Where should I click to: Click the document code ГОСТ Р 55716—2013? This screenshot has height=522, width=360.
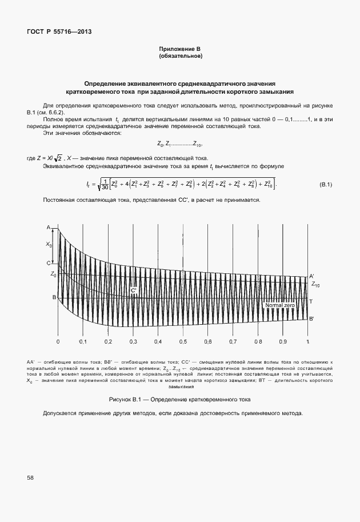(59, 31)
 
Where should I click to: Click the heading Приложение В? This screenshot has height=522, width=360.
(180, 50)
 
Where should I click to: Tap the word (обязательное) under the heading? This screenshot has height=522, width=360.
(180, 57)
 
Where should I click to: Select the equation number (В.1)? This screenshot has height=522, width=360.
(326, 184)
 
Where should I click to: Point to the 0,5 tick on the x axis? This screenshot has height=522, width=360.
(183, 341)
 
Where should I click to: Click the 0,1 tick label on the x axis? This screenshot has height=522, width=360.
(83, 341)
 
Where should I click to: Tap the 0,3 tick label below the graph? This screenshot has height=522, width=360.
(133, 341)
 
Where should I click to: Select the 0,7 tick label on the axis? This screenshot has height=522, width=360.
(233, 341)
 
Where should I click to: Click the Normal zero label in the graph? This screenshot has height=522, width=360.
(280, 306)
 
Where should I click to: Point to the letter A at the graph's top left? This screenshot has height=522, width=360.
(49, 228)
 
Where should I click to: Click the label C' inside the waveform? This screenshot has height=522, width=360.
(134, 290)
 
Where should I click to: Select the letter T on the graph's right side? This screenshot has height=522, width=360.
(311, 301)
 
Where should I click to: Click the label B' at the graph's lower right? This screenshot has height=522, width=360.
(311, 319)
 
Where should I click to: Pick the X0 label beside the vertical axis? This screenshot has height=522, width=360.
(49, 245)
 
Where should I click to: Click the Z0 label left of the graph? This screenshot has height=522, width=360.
(53, 274)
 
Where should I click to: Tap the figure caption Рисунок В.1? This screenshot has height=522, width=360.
(180, 399)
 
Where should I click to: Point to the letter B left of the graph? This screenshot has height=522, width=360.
(54, 297)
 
